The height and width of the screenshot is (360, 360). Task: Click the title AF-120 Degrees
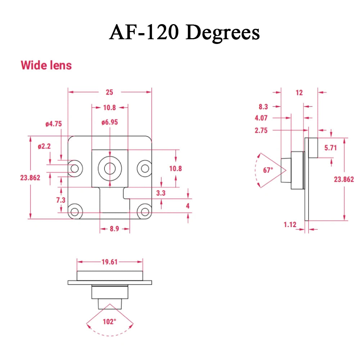(x=184, y=32)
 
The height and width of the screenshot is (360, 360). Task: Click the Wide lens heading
(x=46, y=65)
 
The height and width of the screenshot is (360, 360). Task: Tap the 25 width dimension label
(x=109, y=92)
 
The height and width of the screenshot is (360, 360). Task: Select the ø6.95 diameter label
(x=109, y=122)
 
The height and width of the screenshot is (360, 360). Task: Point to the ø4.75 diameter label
(x=54, y=124)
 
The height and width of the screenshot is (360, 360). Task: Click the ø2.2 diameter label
(x=44, y=146)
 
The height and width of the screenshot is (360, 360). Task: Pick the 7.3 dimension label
(x=61, y=200)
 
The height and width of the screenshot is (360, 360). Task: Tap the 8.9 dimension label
(x=114, y=229)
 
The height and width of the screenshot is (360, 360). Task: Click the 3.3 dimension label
(x=161, y=193)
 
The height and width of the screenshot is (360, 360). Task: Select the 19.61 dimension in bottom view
(x=109, y=262)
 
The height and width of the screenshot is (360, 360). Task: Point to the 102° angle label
(x=109, y=321)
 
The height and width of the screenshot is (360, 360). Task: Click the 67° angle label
(x=268, y=170)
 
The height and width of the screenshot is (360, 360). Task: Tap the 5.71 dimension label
(x=330, y=148)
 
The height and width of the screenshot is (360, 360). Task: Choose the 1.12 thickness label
(x=290, y=225)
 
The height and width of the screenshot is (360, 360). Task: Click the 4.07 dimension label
(x=261, y=118)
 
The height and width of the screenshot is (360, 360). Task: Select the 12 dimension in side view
(x=299, y=93)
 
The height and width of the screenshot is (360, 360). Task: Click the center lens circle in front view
(x=110, y=168)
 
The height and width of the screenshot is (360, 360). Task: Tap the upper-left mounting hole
(x=75, y=168)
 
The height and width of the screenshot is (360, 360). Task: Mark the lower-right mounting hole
(x=145, y=212)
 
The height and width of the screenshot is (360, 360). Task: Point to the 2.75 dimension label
(x=261, y=130)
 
